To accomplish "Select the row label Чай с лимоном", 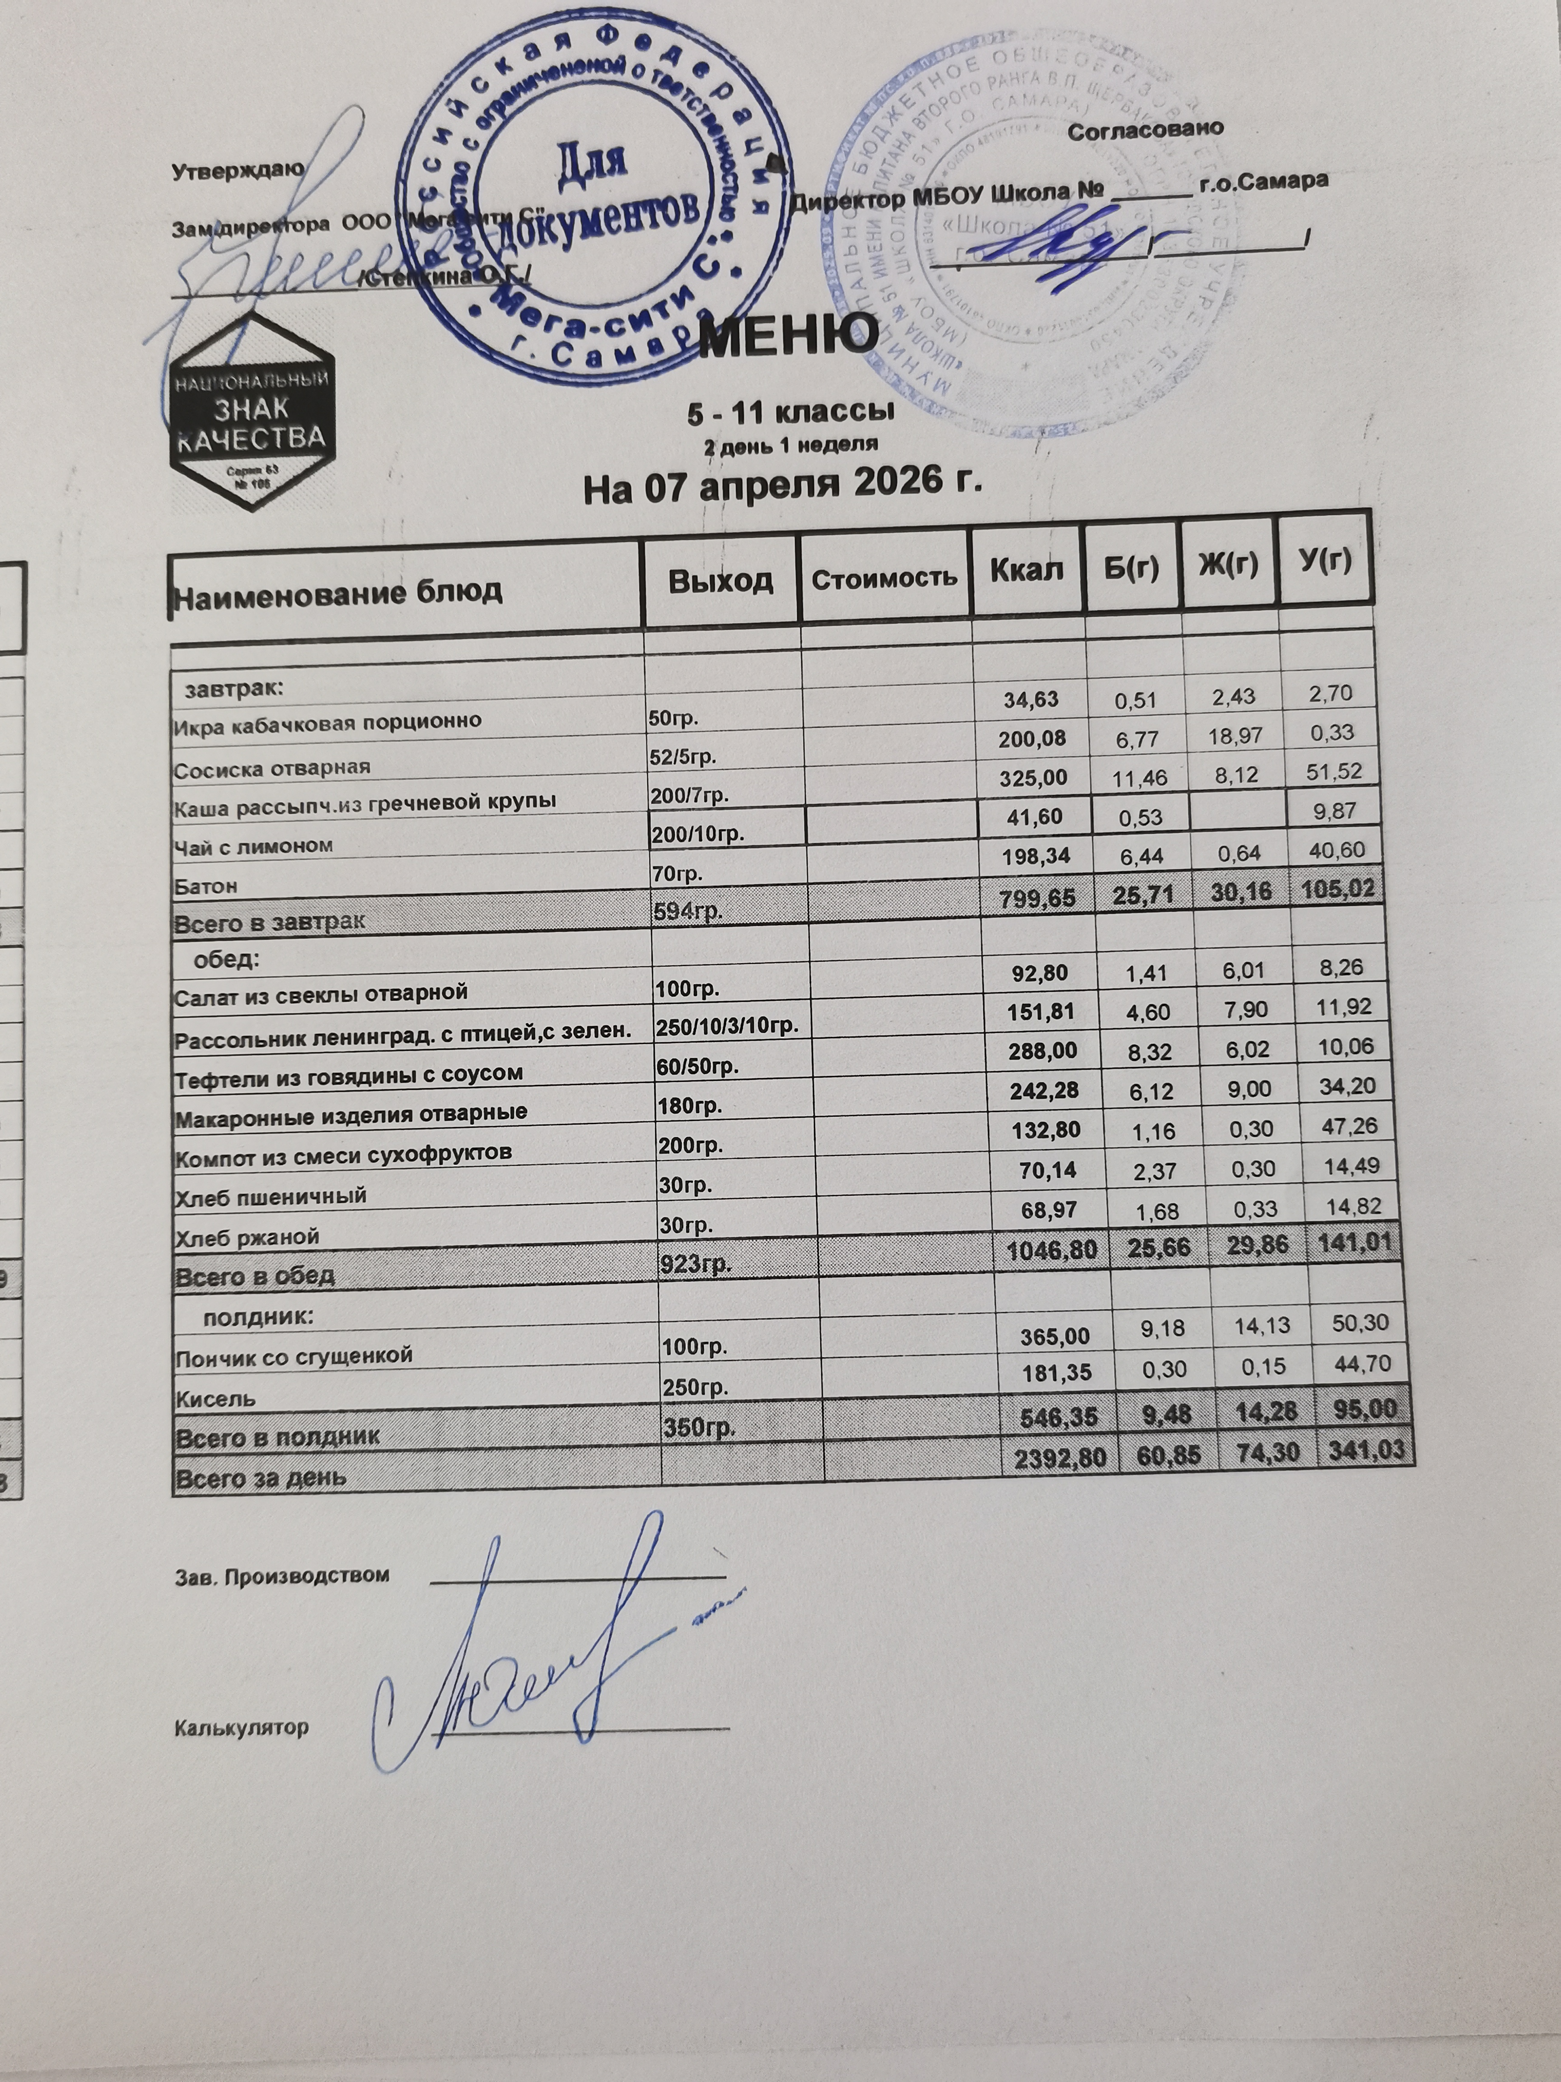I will point(254,845).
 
